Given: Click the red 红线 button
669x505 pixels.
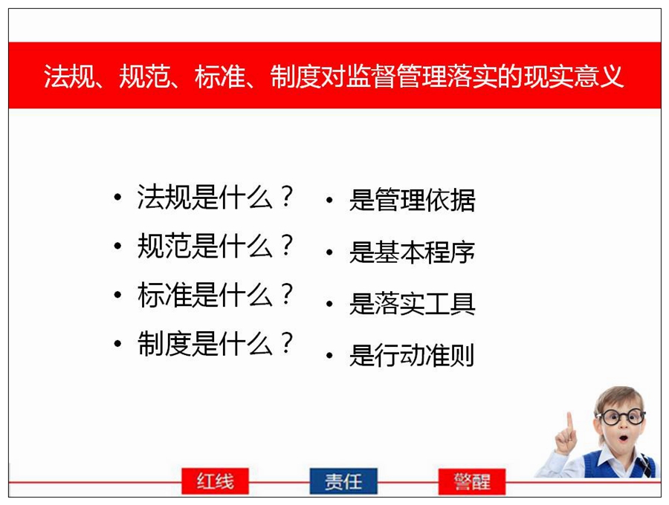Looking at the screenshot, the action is pyautogui.click(x=215, y=481).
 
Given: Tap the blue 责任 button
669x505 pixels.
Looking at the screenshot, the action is pyautogui.click(x=343, y=481).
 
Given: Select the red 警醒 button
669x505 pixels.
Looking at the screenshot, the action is pyautogui.click(x=472, y=481).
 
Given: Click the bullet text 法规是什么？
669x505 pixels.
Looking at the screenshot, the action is pyautogui.click(x=215, y=197).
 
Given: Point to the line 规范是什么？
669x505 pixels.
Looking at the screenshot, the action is pyautogui.click(x=215, y=246).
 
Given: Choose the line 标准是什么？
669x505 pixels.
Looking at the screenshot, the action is pyautogui.click(x=215, y=295).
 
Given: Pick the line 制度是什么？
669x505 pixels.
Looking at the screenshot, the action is pyautogui.click(x=215, y=344).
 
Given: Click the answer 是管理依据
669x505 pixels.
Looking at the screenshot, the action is pyautogui.click(x=412, y=200).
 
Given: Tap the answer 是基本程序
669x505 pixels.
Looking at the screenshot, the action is pyautogui.click(x=412, y=252).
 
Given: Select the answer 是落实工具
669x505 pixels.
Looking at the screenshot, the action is pyautogui.click(x=412, y=304).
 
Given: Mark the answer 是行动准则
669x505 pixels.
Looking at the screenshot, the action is pyautogui.click(x=412, y=355).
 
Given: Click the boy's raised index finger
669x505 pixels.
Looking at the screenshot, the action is pyautogui.click(x=569, y=421).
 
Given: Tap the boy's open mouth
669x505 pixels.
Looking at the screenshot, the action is pyautogui.click(x=624, y=437).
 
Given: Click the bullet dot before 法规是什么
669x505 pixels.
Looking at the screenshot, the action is pyautogui.click(x=117, y=198).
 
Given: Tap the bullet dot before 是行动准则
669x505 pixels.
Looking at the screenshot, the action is pyautogui.click(x=329, y=356).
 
